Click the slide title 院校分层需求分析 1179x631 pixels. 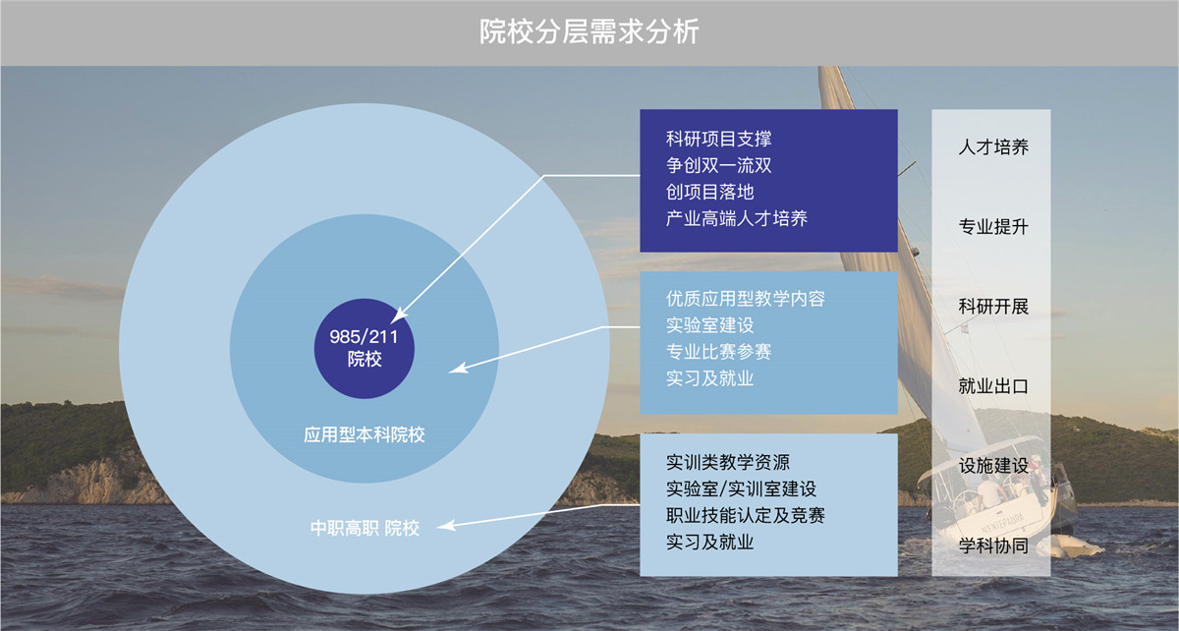(x=589, y=31)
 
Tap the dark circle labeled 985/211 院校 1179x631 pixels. (x=365, y=348)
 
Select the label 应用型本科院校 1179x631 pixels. (x=365, y=434)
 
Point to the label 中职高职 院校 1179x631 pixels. (x=365, y=528)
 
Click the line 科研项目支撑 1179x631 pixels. (x=718, y=139)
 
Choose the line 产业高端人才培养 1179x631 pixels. (x=736, y=218)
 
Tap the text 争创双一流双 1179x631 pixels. (x=718, y=165)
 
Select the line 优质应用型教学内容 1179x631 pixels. (x=746, y=299)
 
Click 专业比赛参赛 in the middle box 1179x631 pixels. (x=718, y=352)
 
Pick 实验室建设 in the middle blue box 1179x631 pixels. (x=709, y=325)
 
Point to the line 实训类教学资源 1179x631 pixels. (x=727, y=463)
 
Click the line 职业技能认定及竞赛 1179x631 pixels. (x=746, y=515)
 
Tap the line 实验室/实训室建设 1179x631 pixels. (x=741, y=488)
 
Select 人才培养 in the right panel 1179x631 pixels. (x=993, y=147)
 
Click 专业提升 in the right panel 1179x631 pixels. (x=993, y=226)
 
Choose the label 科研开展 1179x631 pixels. (x=993, y=306)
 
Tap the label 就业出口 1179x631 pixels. (x=993, y=386)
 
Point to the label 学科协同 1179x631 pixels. (x=993, y=545)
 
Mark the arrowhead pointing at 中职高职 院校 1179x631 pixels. (x=445, y=525)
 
